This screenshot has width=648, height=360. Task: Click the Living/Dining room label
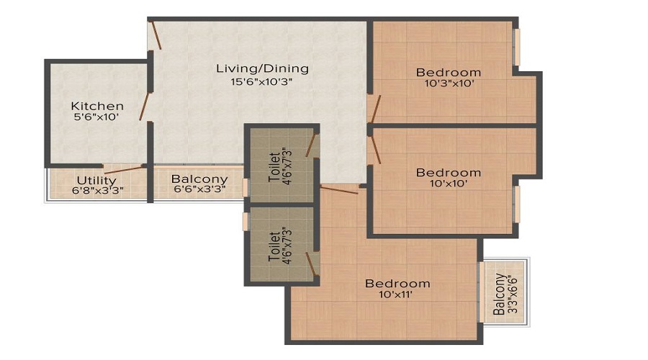pos(262,68)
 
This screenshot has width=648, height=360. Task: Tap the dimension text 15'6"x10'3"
pos(261,81)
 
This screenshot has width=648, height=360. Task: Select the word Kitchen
pos(97,107)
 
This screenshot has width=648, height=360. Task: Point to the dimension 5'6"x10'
pos(96,117)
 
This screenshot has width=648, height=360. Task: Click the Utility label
pos(96,181)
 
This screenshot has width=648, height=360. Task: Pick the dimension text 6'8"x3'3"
pos(97,191)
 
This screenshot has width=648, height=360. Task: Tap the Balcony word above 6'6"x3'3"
pos(199,179)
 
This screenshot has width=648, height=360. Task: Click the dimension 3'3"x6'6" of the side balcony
pos(513,294)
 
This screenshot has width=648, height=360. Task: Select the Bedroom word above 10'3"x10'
pos(449,73)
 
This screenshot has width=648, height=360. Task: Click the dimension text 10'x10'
pos(449,183)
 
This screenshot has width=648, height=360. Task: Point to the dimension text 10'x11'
pos(395,294)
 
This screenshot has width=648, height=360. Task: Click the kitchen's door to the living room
pos(145,107)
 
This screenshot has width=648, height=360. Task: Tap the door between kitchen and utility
pos(124,169)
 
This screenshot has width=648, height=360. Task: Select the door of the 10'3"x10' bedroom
pos(375,109)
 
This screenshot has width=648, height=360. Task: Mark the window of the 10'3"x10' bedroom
pos(516,47)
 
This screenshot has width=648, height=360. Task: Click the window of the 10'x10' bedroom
pos(516,204)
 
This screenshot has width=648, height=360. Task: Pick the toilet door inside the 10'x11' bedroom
pos(311,264)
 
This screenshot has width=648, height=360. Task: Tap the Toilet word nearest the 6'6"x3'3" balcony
pos(274,167)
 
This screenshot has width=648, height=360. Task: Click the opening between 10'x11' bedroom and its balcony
pos(482,292)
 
